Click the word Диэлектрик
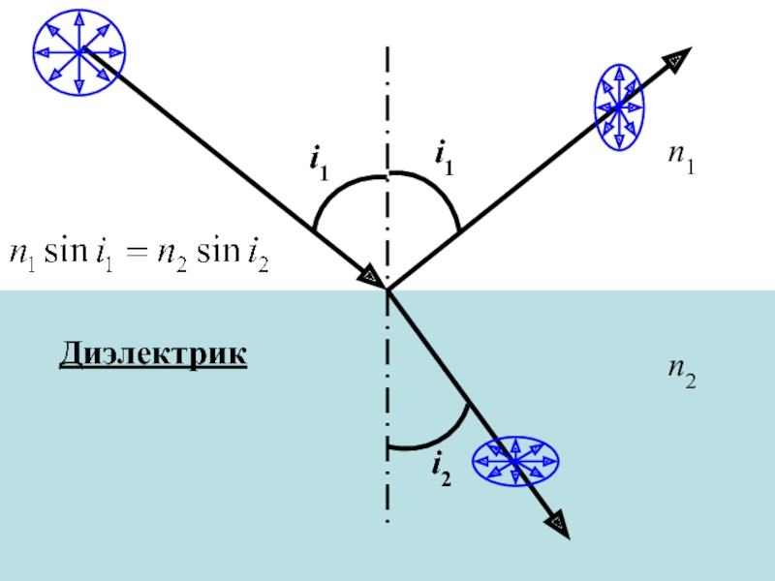pyautogui.click(x=153, y=353)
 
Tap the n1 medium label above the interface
pyautogui.click(x=682, y=158)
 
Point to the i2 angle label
pyautogui.click(x=442, y=472)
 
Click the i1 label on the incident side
pyautogui.click(x=319, y=162)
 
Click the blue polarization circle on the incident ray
pyautogui.click(x=79, y=52)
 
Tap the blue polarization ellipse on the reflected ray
pyautogui.click(x=619, y=107)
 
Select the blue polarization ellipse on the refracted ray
pyautogui.click(x=515, y=462)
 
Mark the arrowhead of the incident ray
pyautogui.click(x=373, y=278)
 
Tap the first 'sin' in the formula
pyautogui.click(x=66, y=252)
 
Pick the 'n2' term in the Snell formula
pyautogui.click(x=172, y=256)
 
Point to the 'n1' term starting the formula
pyautogui.click(x=22, y=256)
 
